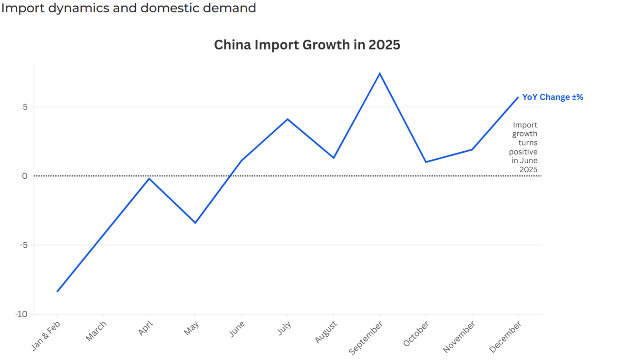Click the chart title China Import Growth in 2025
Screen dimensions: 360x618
point(307,45)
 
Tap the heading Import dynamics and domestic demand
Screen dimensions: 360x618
point(128,8)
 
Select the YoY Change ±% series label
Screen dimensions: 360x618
point(552,97)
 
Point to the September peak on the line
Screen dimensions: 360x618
point(379,73)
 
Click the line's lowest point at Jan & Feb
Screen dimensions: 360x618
point(57,292)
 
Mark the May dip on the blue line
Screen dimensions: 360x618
point(195,223)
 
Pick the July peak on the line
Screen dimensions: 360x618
point(287,119)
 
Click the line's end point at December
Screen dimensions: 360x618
point(518,97)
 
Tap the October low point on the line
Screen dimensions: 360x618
point(425,162)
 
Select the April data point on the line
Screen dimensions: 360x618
point(149,178)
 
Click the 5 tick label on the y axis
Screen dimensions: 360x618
point(25,107)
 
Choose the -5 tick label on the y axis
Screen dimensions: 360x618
point(23,245)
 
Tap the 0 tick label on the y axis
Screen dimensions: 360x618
point(25,176)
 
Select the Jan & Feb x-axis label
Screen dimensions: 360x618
point(46,336)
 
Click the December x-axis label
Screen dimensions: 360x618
point(505,336)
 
